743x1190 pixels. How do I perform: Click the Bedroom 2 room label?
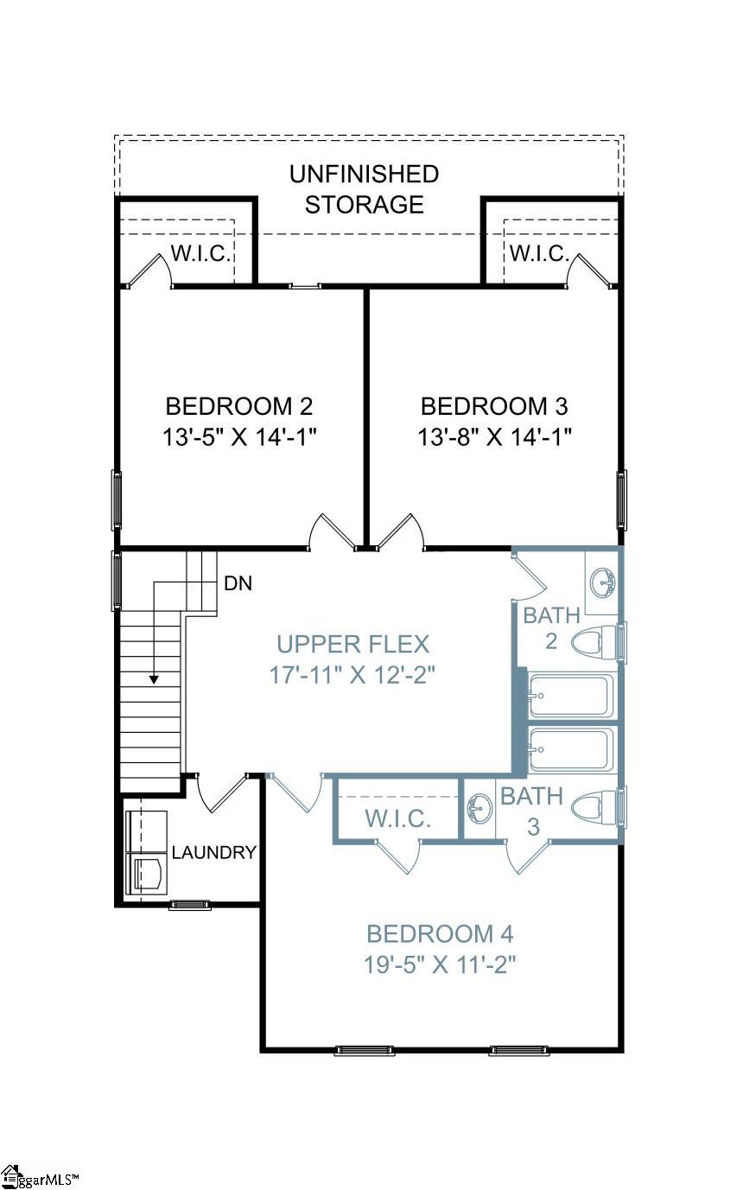[x=238, y=405]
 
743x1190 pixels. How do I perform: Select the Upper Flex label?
[x=352, y=644]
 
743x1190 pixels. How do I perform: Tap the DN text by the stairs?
[x=238, y=583]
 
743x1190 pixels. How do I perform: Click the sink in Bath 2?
[x=603, y=583]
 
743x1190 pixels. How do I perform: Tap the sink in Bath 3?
[x=478, y=810]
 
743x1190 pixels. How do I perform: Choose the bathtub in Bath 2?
[x=571, y=696]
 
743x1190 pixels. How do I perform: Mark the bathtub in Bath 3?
[x=571, y=749]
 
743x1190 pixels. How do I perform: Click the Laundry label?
[x=214, y=853]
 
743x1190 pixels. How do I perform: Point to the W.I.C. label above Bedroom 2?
[x=200, y=254]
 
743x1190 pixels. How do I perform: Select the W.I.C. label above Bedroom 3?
[x=539, y=254]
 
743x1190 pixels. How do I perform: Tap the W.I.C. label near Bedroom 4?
[x=397, y=818]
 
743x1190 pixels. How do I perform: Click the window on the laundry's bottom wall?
[x=190, y=905]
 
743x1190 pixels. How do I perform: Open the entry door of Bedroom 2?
[x=332, y=531]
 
